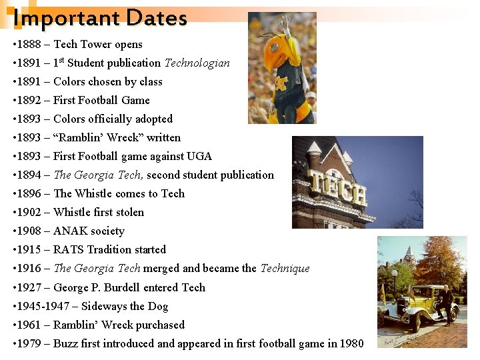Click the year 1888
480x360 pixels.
29,45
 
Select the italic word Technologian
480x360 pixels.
197,63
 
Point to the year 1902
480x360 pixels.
29,213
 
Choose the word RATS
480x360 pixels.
69,250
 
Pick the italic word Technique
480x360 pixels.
285,269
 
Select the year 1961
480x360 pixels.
29,325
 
